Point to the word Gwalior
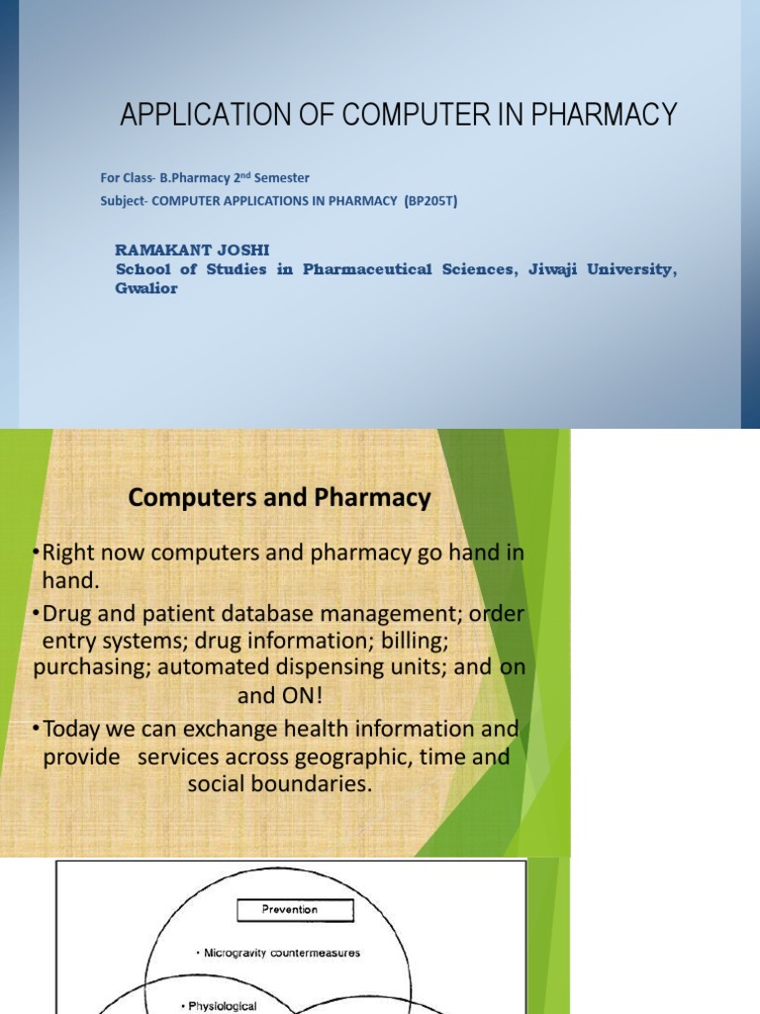(x=146, y=289)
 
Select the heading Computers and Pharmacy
(x=279, y=499)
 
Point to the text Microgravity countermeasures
(x=281, y=953)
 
